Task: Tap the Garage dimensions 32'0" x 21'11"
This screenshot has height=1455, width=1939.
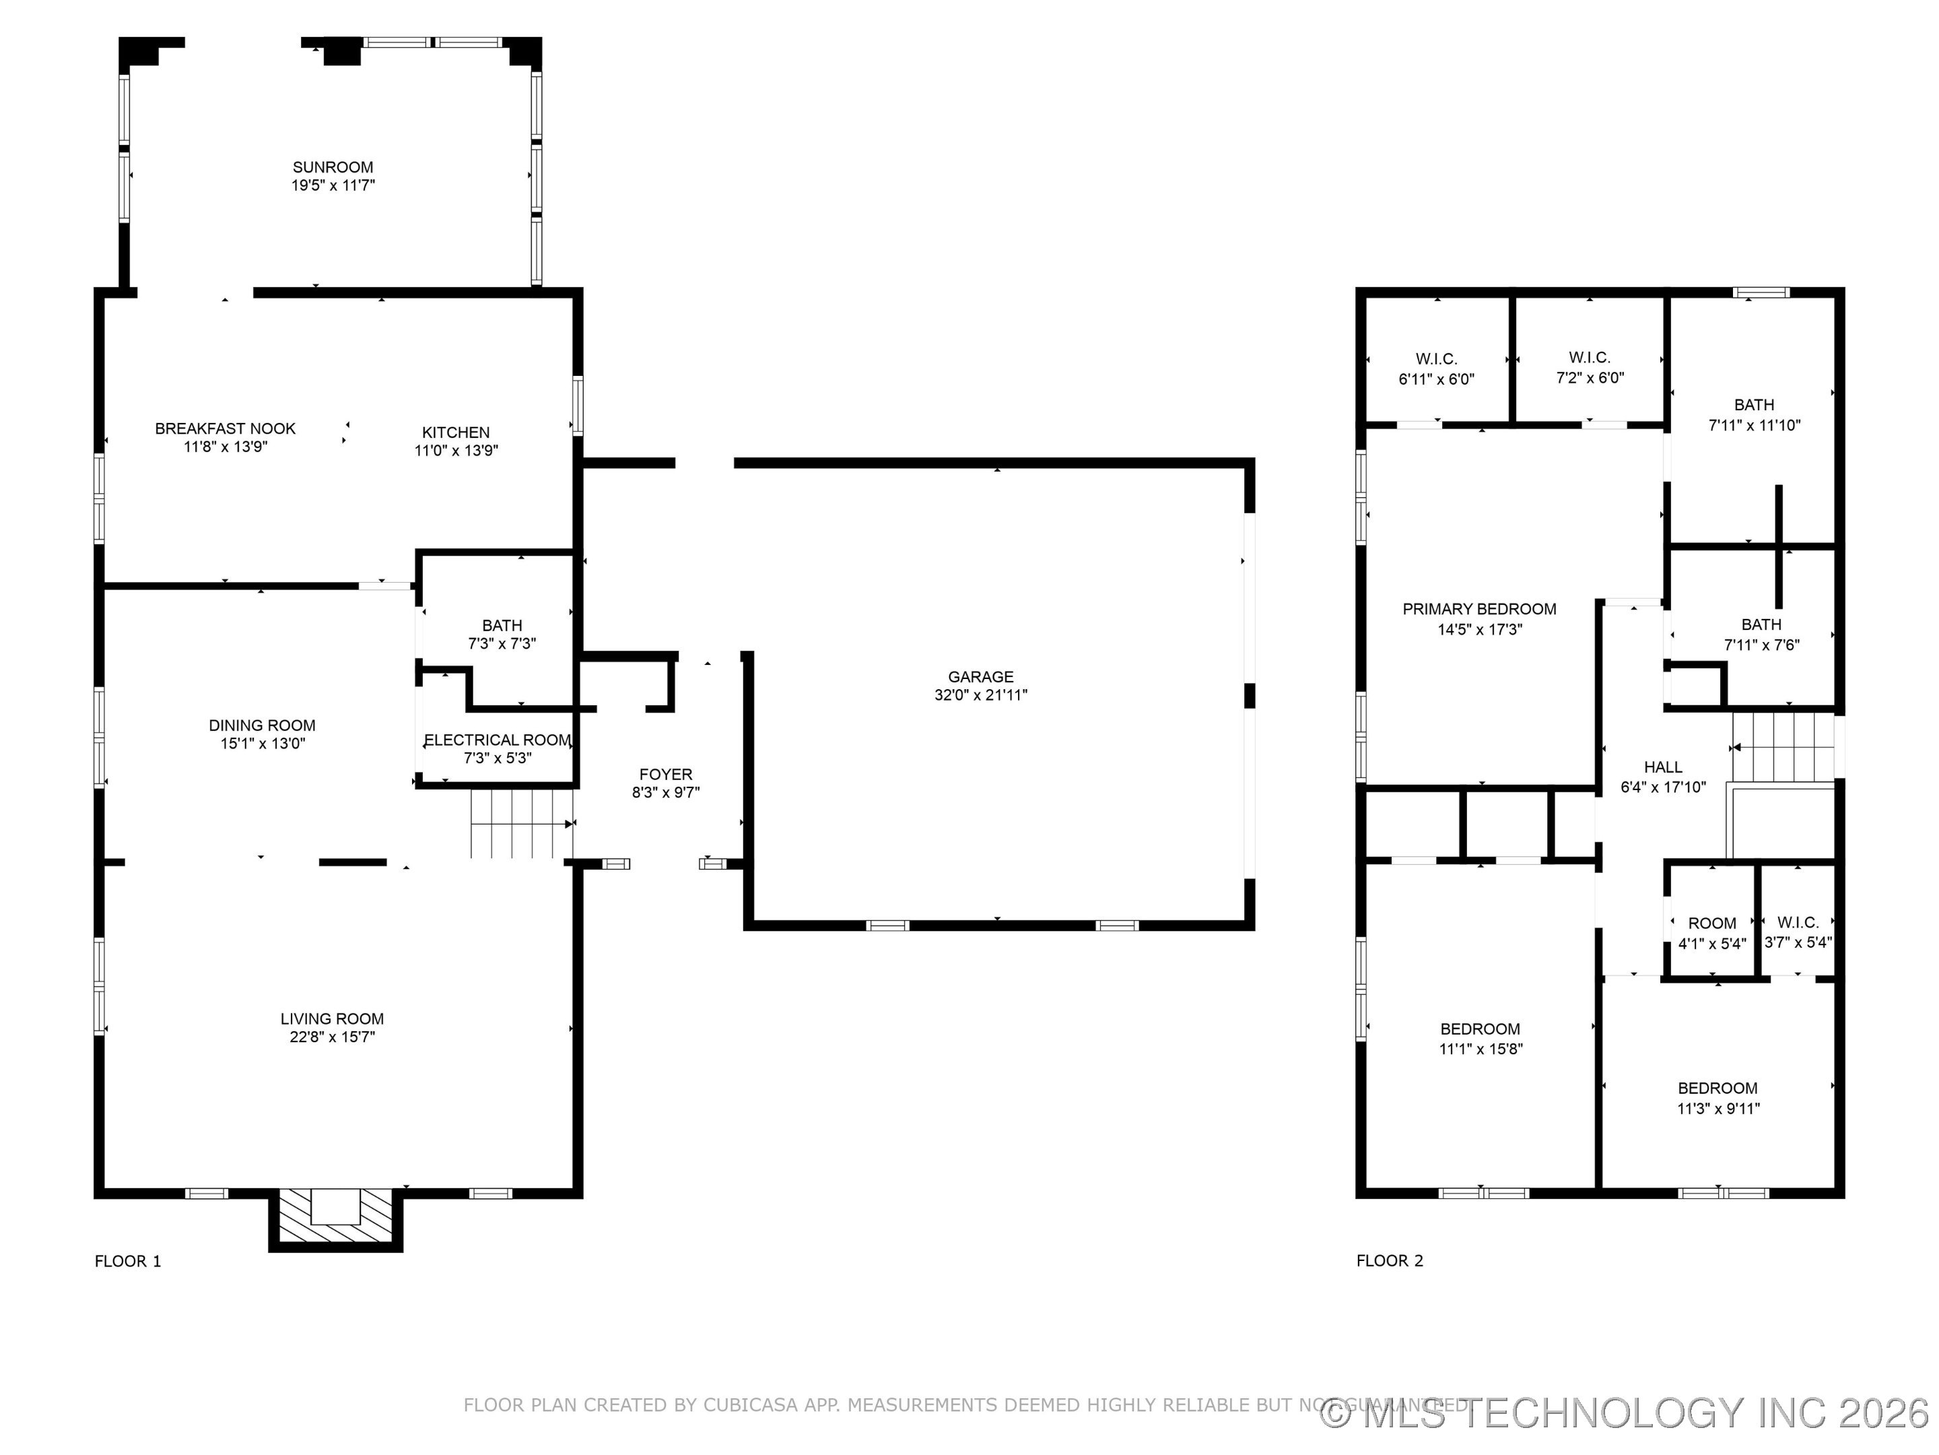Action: (x=980, y=694)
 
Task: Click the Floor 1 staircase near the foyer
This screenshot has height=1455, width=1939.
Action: (x=522, y=824)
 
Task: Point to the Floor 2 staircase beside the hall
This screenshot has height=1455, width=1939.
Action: (x=1782, y=747)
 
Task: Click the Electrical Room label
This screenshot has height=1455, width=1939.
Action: (x=497, y=740)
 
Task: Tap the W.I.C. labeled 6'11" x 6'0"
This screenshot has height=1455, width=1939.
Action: (x=1436, y=368)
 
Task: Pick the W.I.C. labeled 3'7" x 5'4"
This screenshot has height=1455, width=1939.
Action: (x=1797, y=932)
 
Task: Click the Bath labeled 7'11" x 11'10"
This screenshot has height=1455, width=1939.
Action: (x=1753, y=414)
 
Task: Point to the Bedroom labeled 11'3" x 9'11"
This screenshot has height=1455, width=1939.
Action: (x=1717, y=1098)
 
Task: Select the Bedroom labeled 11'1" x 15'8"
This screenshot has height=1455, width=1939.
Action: (x=1480, y=1039)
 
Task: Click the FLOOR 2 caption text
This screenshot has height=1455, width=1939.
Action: (x=1390, y=1260)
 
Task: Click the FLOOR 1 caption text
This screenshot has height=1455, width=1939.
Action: (x=128, y=1261)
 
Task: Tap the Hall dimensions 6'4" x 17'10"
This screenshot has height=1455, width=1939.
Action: (x=1663, y=787)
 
